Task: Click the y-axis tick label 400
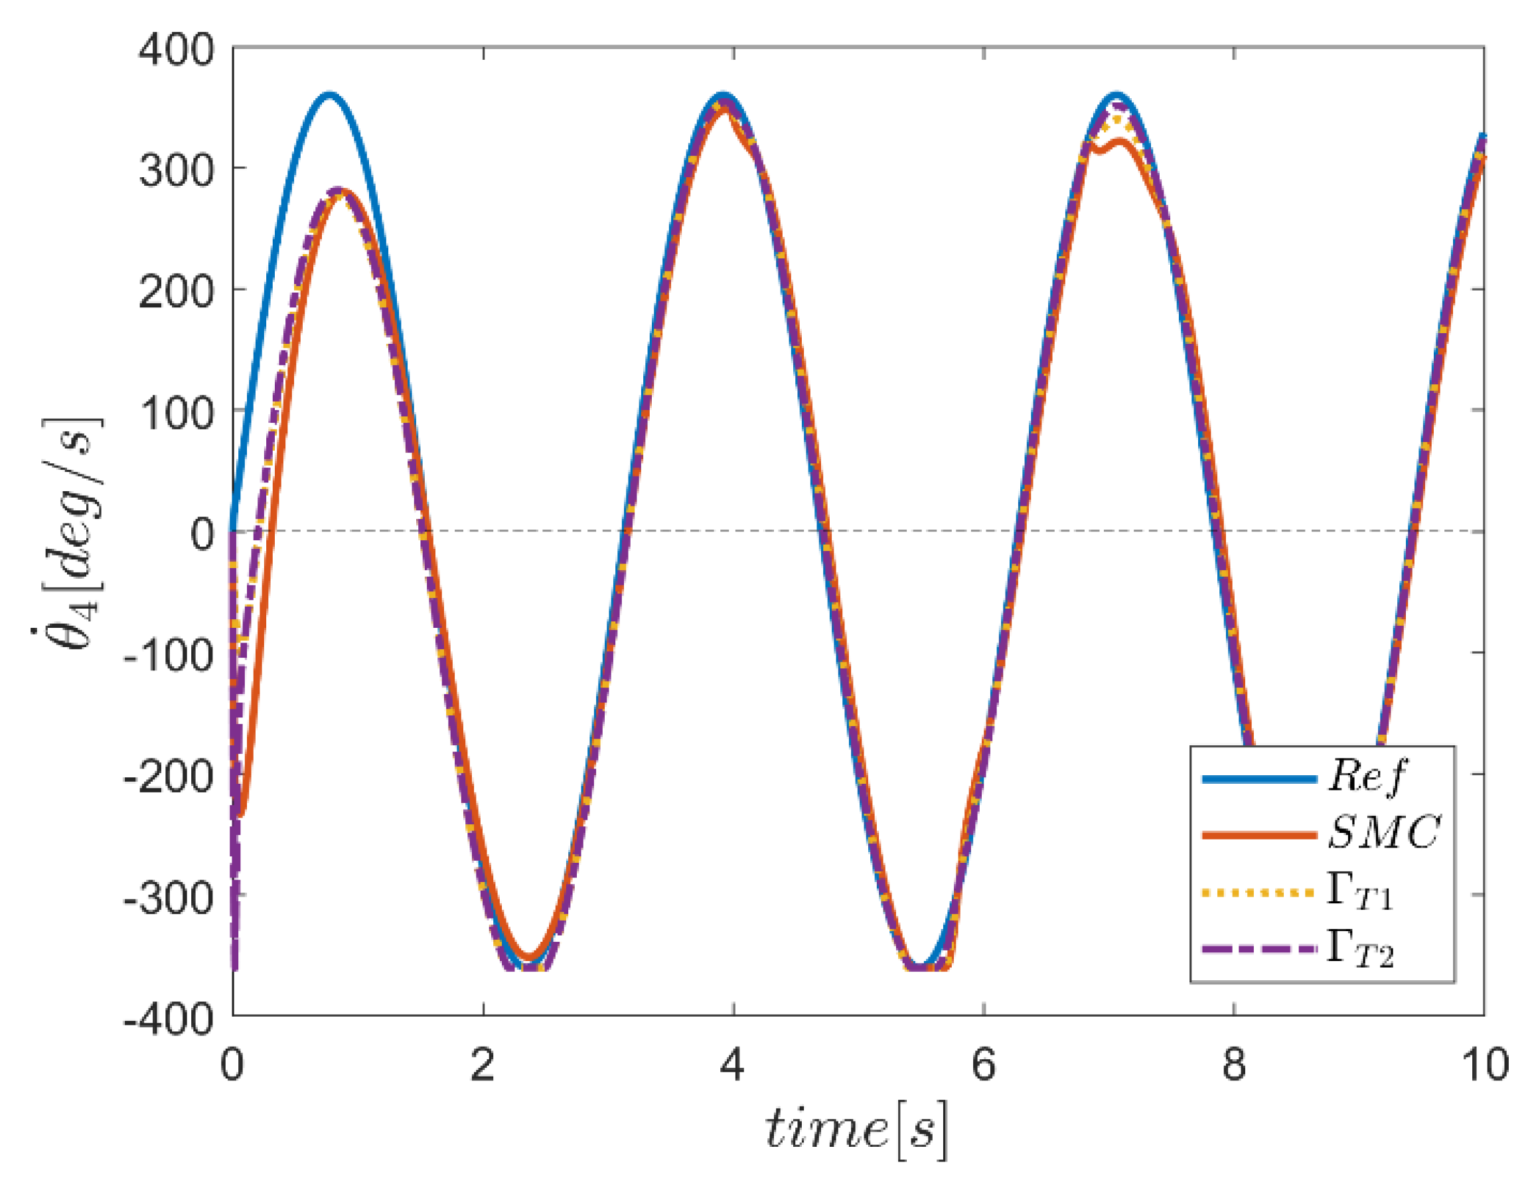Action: click(176, 51)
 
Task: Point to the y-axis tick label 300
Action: click(176, 170)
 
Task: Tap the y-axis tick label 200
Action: click(176, 291)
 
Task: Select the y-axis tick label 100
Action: click(176, 413)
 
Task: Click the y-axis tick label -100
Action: click(168, 656)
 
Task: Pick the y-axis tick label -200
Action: click(168, 777)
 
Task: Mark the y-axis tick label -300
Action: click(168, 898)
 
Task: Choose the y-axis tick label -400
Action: click(168, 1019)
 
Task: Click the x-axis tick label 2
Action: click(483, 1064)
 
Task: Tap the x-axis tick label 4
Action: click(733, 1064)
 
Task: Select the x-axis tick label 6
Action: click(984, 1064)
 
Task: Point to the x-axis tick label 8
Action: click(1234, 1064)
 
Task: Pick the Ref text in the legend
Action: click(1367, 777)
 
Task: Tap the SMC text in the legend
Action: click(1383, 834)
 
